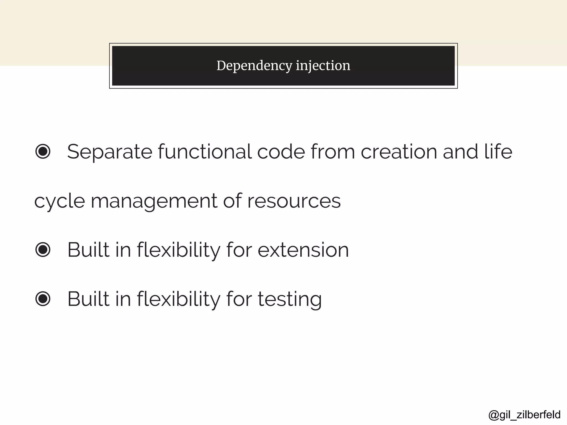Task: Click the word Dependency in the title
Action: [x=254, y=66]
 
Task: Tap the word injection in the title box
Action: [x=323, y=66]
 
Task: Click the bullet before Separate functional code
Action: [x=43, y=151]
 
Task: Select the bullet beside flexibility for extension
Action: [x=43, y=250]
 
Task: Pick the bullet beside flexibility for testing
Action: [x=43, y=299]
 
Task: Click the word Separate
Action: [x=110, y=152]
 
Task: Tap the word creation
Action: [x=398, y=152]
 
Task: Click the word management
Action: [x=154, y=201]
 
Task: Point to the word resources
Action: [x=294, y=201]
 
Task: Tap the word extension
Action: [x=303, y=250]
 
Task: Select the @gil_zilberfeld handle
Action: [x=524, y=415]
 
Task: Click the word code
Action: [x=281, y=152]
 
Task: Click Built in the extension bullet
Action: [x=88, y=250]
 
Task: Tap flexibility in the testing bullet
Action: [x=179, y=299]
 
